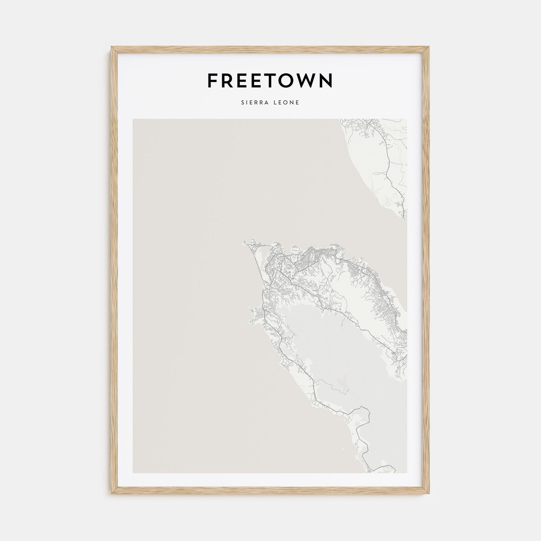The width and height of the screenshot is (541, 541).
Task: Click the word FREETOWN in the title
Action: (270, 81)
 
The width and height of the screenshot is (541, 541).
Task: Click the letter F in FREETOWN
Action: (212, 81)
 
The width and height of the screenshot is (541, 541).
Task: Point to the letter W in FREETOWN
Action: (303, 81)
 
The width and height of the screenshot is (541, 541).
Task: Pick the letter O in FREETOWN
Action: (284, 81)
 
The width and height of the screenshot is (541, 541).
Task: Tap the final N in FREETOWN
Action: (325, 81)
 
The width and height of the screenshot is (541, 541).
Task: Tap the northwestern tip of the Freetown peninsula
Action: (245, 242)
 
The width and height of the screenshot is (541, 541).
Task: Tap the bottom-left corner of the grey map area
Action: (133, 472)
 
